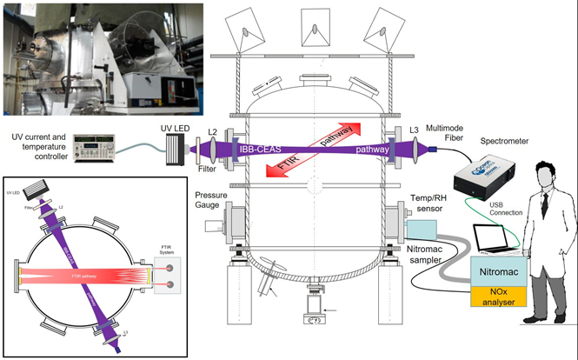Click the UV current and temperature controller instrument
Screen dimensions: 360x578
click(x=98, y=149)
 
